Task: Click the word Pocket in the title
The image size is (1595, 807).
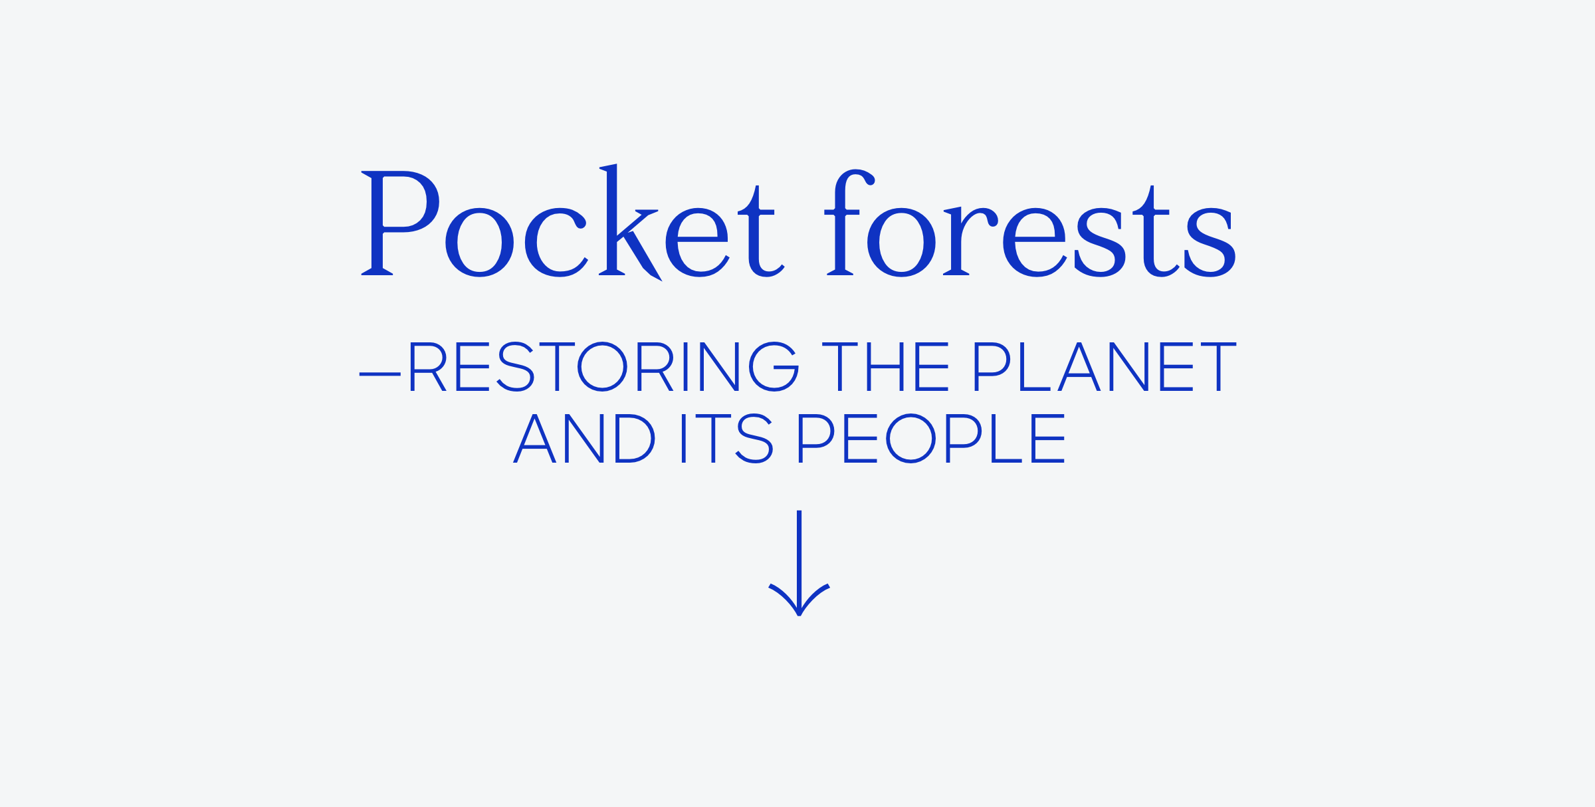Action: pyautogui.click(x=573, y=222)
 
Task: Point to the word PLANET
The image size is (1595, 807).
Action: pyautogui.click(x=1105, y=366)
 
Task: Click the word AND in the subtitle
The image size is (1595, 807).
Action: pyautogui.click(x=584, y=438)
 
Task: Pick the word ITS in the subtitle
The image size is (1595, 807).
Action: pyautogui.click(x=727, y=438)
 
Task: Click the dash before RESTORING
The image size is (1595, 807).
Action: pyautogui.click(x=380, y=374)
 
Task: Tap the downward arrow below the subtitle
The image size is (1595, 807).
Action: pyautogui.click(x=799, y=562)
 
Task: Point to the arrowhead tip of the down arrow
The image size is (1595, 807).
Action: pyautogui.click(x=799, y=616)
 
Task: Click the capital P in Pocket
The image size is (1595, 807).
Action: pyautogui.click(x=400, y=223)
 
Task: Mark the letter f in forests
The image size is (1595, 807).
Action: pyautogui.click(x=849, y=222)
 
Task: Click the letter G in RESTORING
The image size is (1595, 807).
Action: pyautogui.click(x=774, y=366)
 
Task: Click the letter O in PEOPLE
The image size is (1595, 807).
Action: pyautogui.click(x=910, y=438)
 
